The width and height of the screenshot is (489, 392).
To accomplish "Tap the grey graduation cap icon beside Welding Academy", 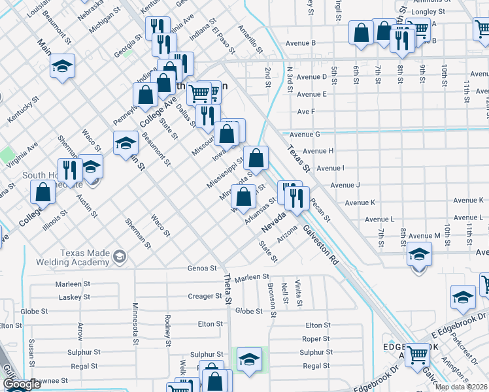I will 119,257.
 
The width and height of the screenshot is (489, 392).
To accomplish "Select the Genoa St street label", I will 202,268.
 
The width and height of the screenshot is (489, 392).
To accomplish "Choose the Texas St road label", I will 297,159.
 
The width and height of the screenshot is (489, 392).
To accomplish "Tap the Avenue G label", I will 309,134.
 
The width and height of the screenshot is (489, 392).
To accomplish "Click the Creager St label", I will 205,296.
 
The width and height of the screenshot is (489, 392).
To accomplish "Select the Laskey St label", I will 74,297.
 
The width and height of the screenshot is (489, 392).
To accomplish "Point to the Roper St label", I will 316,338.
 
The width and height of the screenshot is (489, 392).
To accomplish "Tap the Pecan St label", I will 321,210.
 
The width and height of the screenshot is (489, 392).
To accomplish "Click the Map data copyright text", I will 462,387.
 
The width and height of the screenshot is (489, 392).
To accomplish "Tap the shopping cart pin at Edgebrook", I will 417,355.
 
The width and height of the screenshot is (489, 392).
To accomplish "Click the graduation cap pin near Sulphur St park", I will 249,359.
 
